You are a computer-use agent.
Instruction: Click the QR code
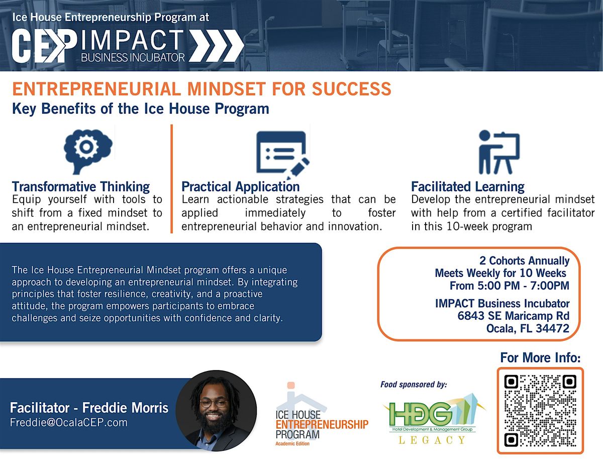tap(540, 411)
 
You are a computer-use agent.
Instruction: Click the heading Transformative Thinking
tap(81, 187)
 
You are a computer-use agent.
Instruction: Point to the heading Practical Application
tap(240, 187)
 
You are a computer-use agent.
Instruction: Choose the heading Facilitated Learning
tap(467, 187)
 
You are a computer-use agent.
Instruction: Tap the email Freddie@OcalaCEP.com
tap(69, 423)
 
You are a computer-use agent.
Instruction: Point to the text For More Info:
tap(540, 358)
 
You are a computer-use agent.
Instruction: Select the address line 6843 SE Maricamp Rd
tap(513, 316)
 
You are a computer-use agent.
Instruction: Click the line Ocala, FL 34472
tap(527, 329)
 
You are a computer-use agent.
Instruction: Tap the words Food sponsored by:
tap(414, 385)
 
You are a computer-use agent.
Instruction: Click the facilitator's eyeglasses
tap(214, 403)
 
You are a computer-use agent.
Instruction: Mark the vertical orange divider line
tap(171, 178)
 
